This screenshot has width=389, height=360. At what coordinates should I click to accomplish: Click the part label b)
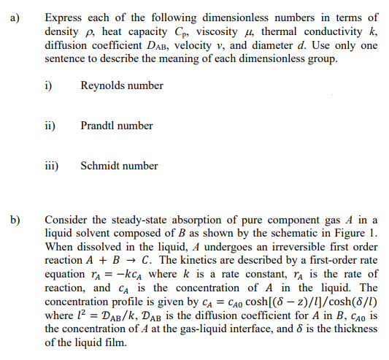(x=15, y=218)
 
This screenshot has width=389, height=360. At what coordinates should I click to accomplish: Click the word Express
(x=63, y=18)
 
